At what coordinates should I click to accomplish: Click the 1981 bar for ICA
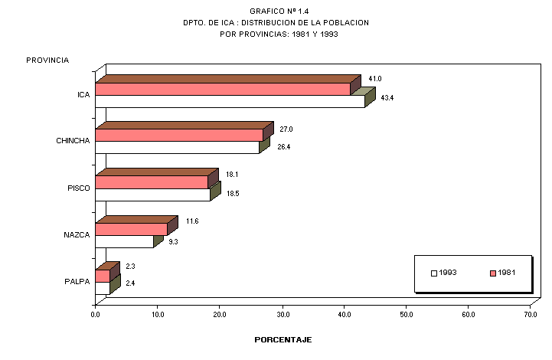tap(222, 89)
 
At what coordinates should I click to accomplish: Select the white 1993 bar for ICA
tap(230, 101)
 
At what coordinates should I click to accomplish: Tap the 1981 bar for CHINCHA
tap(179, 135)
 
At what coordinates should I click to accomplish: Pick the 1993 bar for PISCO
tap(152, 195)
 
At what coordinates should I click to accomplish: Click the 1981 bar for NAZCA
tap(131, 228)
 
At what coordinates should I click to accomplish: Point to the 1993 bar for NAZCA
tap(124, 241)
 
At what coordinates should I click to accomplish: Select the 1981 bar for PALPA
tap(103, 275)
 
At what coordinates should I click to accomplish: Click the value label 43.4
tap(387, 98)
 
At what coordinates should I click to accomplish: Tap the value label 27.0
tap(286, 129)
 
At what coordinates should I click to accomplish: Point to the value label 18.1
tap(232, 175)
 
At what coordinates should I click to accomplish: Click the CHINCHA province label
tap(73, 141)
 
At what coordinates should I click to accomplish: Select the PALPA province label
tap(77, 281)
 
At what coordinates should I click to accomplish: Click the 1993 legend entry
tap(443, 273)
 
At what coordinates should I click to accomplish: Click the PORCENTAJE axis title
tap(283, 339)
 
